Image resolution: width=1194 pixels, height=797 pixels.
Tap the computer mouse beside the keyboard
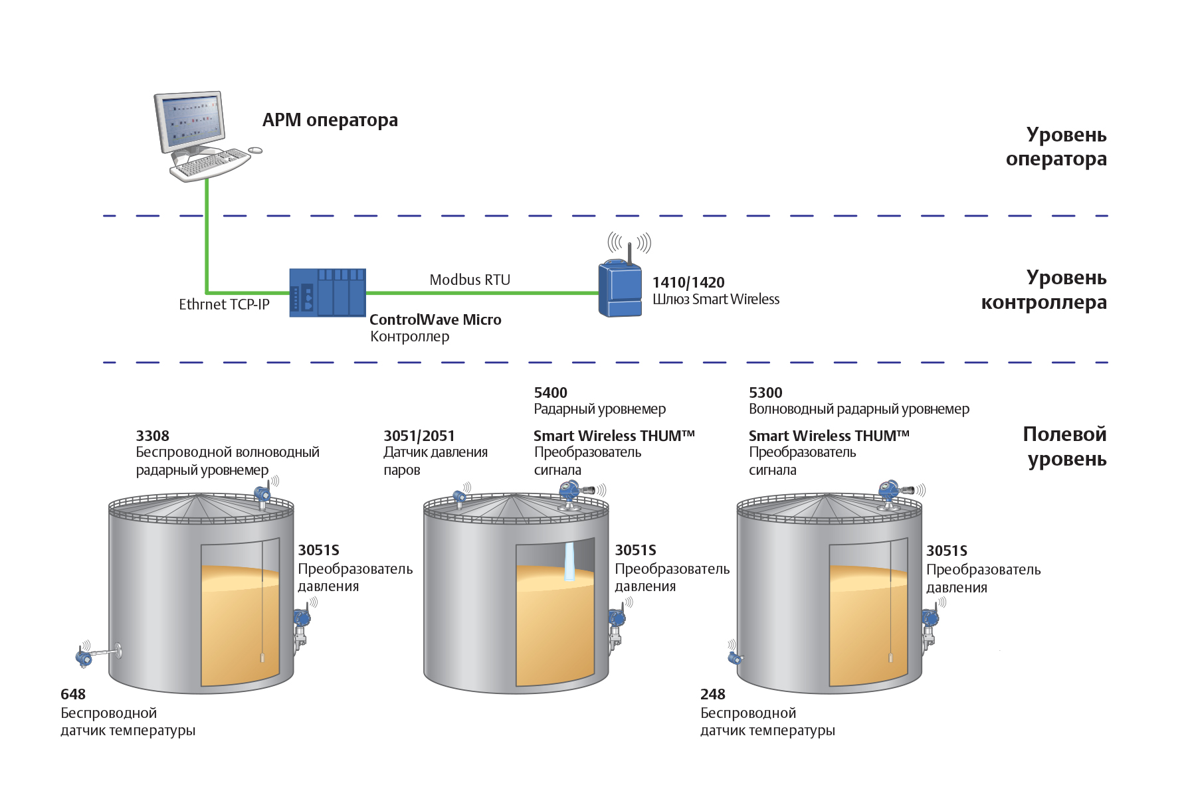[255, 151]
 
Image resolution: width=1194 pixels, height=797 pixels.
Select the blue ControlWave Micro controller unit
[328, 293]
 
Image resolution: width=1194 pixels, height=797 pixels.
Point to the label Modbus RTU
[470, 280]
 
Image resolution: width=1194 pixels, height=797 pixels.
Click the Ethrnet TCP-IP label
[224, 304]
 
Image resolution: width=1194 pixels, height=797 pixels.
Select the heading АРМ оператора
[330, 120]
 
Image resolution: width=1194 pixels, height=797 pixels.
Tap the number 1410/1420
[688, 282]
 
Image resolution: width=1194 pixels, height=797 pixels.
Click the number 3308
[152, 436]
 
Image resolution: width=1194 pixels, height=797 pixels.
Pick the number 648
[73, 694]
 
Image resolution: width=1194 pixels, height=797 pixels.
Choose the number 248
[713, 694]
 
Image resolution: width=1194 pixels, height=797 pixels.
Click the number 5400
[551, 393]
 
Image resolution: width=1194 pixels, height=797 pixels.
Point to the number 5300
[765, 393]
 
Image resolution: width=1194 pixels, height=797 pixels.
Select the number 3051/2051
[419, 436]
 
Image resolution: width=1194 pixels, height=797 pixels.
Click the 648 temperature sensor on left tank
[85, 657]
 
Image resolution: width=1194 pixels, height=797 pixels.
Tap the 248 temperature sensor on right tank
[734, 658]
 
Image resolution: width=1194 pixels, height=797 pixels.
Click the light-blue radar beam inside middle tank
[569, 562]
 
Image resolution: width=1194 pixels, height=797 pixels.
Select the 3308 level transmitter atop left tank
[262, 495]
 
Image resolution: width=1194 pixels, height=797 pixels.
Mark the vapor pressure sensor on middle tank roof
[458, 497]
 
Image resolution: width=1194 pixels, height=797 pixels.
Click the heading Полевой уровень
[1065, 446]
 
